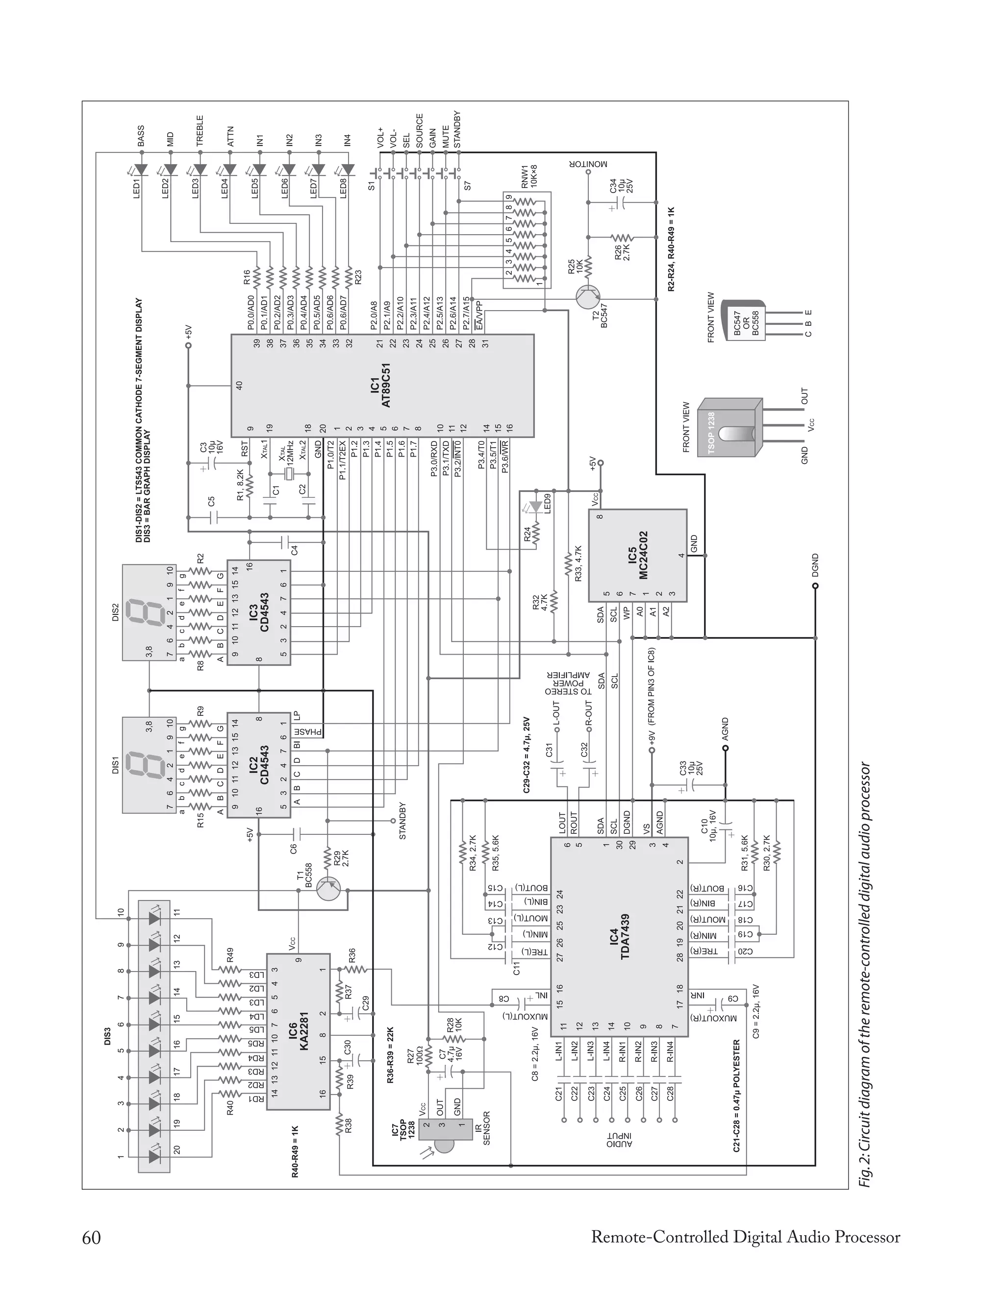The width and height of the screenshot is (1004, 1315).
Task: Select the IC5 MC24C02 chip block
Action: [x=637, y=556]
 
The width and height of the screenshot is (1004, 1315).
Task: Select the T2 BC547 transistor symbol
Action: [x=589, y=297]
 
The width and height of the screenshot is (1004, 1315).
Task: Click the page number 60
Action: [x=92, y=1238]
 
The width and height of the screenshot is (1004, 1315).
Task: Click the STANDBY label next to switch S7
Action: [x=457, y=129]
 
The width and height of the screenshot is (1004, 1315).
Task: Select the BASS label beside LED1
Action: [x=141, y=136]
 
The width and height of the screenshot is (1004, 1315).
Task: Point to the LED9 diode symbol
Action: [x=529, y=509]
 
